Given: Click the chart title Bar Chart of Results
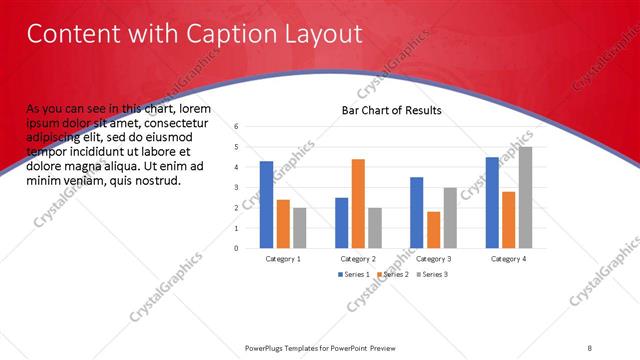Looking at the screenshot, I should coord(392,110).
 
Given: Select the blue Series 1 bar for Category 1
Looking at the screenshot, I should coord(266,204).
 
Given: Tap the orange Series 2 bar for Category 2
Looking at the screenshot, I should coord(358,203).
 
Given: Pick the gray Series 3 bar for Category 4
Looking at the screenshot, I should coord(525,197).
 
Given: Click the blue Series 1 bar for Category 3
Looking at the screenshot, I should coord(417,212).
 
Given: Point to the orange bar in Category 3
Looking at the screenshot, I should coord(433,229).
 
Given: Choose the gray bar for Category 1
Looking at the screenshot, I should coord(300,227).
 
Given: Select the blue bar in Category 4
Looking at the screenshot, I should coord(492,202).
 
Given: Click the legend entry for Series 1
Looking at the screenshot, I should coord(355,274).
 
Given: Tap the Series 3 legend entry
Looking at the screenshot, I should coord(431,274).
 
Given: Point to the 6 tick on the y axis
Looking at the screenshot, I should coord(237,127).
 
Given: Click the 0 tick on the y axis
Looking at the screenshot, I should coord(237,248).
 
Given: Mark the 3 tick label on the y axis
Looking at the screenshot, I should coord(237,188).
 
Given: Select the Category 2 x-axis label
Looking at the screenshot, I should coord(358,259).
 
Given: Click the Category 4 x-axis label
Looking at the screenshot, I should coord(508,259).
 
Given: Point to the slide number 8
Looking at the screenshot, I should coord(590,347).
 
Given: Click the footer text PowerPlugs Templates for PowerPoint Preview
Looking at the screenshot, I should coord(319,347).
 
